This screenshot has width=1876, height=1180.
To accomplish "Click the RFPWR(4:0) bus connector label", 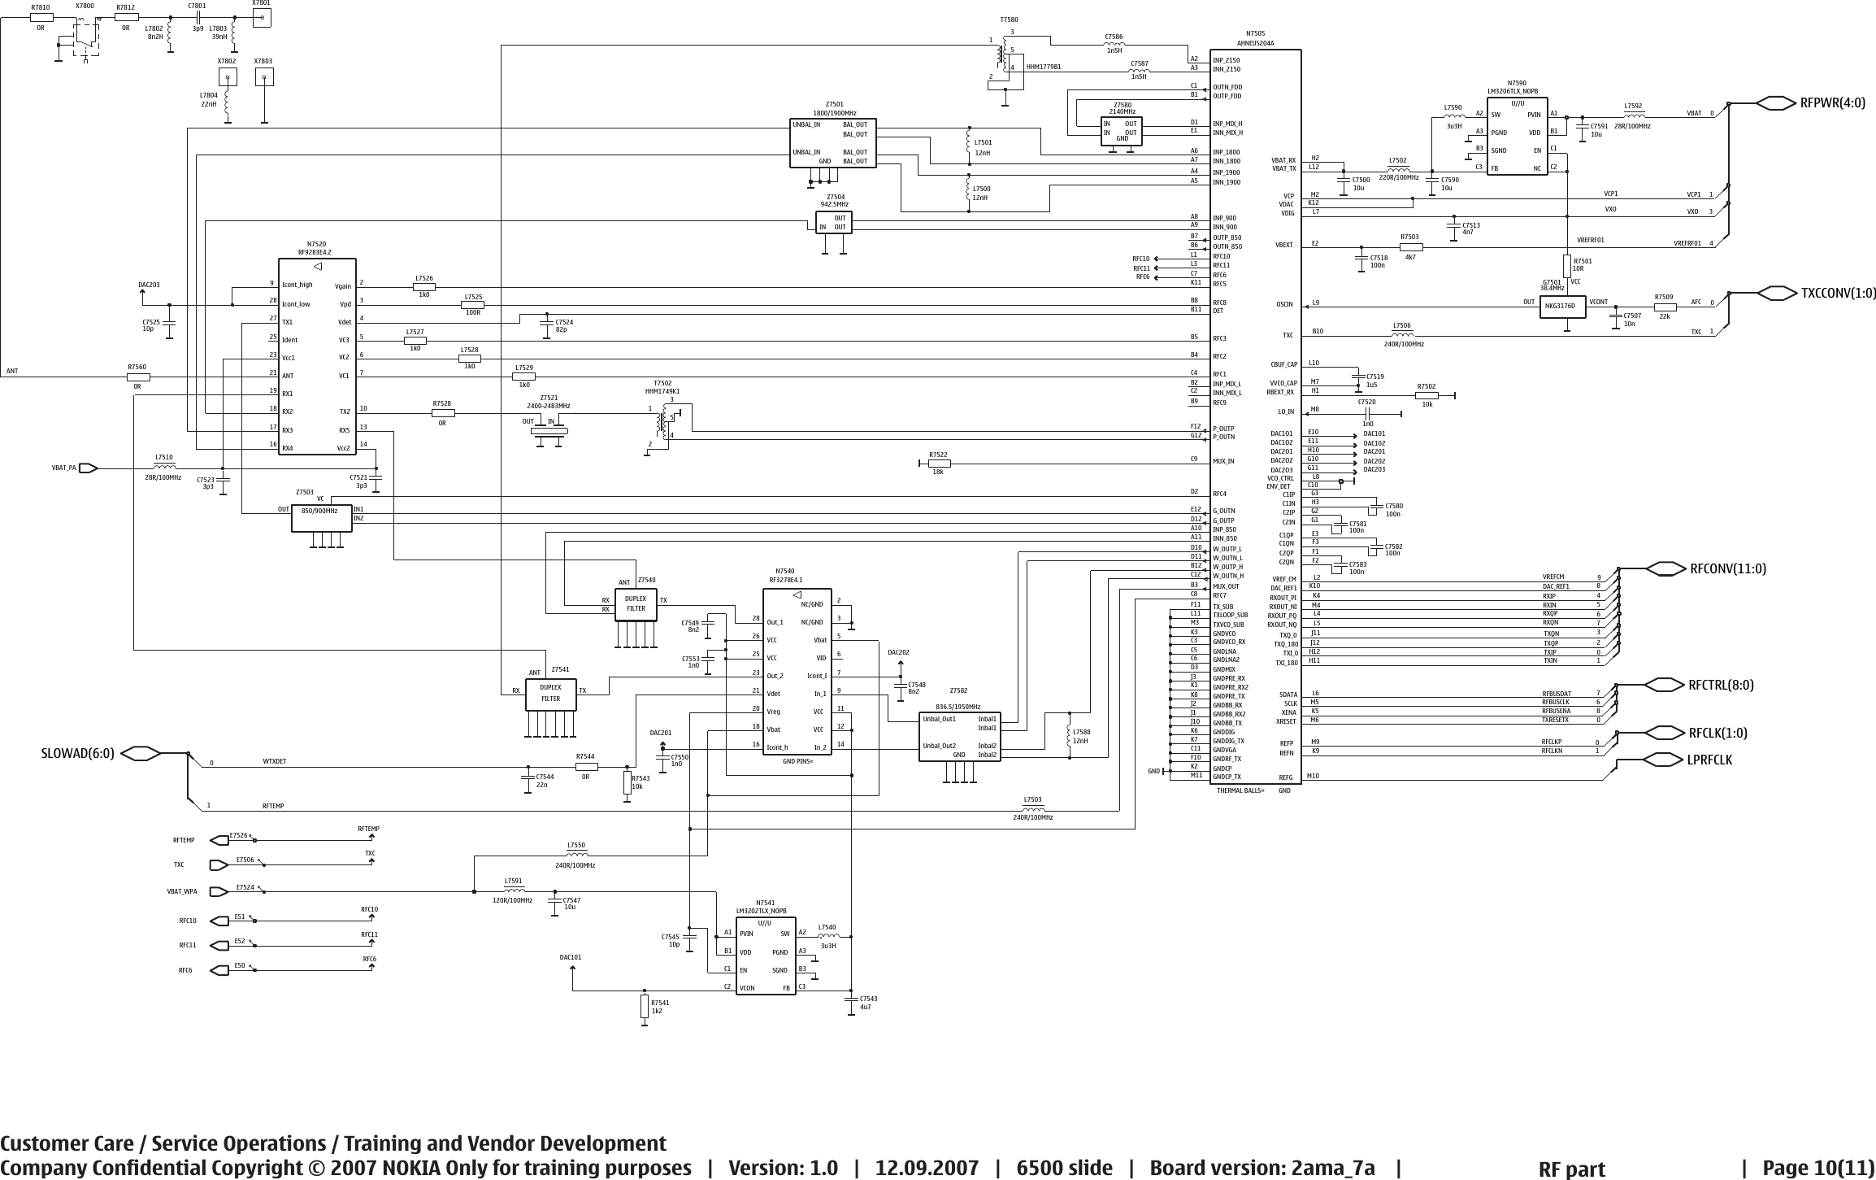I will tap(1833, 102).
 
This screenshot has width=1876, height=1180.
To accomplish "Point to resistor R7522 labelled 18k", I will tap(939, 464).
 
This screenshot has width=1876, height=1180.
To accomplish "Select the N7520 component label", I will tap(316, 244).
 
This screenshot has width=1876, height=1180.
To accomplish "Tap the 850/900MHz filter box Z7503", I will tap(322, 517).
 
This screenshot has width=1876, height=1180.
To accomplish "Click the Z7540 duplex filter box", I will tap(636, 604).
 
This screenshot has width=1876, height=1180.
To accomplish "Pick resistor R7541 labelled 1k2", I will tap(645, 1007).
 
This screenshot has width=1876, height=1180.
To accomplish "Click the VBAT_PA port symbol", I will tap(88, 468).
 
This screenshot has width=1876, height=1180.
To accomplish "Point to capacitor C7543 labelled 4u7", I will tap(850, 999).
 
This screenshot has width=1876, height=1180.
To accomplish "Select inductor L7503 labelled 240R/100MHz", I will tap(1032, 808).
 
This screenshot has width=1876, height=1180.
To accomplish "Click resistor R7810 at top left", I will tap(41, 17).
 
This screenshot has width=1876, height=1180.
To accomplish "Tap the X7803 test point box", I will tap(263, 76).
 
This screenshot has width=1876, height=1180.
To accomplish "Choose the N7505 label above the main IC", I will tap(1255, 34).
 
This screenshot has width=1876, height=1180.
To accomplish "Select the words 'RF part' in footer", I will tap(1572, 1169).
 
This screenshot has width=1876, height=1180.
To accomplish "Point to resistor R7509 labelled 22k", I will tap(1665, 307).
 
